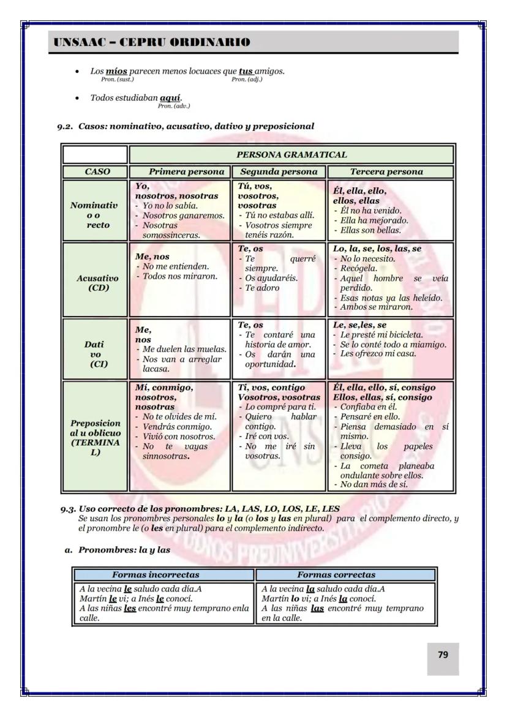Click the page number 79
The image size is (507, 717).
coord(443,655)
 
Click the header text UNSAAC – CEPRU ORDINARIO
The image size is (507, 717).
coord(152,42)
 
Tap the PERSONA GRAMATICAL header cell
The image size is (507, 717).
coord(291,154)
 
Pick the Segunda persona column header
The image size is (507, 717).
coord(279,172)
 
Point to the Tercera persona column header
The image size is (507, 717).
coord(390,172)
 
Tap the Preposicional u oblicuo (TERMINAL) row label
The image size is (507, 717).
coord(95,437)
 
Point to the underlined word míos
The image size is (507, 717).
coord(117,71)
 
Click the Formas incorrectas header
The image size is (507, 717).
coord(156,575)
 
